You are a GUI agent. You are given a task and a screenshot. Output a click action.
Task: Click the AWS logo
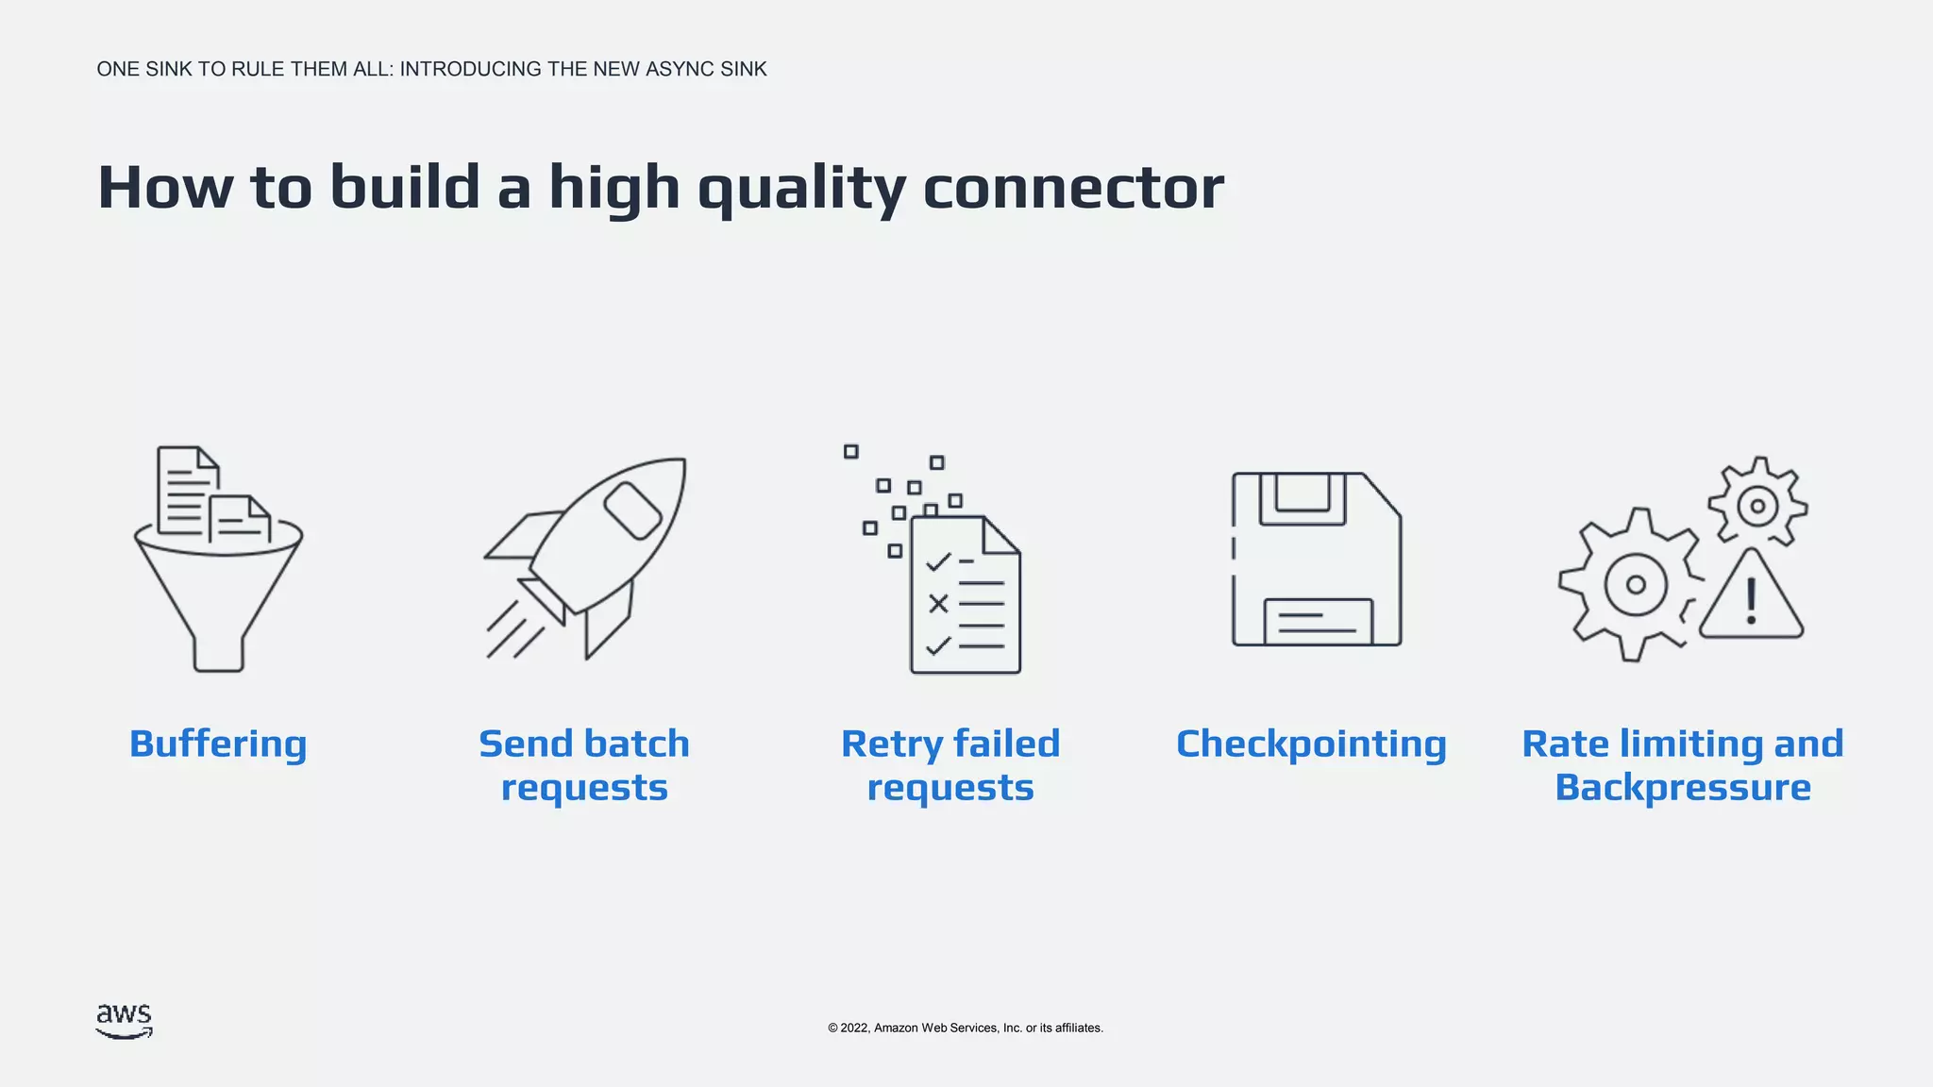click(x=124, y=1021)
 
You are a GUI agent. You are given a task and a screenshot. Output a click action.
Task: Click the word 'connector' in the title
click(x=1073, y=187)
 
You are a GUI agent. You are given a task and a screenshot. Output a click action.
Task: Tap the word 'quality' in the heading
click(x=801, y=189)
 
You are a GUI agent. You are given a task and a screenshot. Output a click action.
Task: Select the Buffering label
click(x=218, y=744)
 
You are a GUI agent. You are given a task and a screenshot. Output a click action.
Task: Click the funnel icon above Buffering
click(x=218, y=585)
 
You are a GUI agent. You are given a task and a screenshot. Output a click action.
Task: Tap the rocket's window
click(x=632, y=510)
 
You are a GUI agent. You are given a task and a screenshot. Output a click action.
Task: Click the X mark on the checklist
click(x=938, y=603)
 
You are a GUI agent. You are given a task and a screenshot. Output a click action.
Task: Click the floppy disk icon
click(x=1317, y=560)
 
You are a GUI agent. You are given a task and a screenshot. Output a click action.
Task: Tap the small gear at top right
click(x=1757, y=505)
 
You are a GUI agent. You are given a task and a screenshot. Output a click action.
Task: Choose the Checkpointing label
click(x=1311, y=744)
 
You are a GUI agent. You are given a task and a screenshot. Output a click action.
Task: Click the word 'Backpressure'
click(x=1682, y=787)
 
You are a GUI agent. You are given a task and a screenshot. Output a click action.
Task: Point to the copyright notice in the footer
click(x=965, y=1028)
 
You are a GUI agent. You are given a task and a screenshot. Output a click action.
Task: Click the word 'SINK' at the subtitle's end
click(x=743, y=69)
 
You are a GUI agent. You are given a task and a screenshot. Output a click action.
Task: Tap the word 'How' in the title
click(x=165, y=187)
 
